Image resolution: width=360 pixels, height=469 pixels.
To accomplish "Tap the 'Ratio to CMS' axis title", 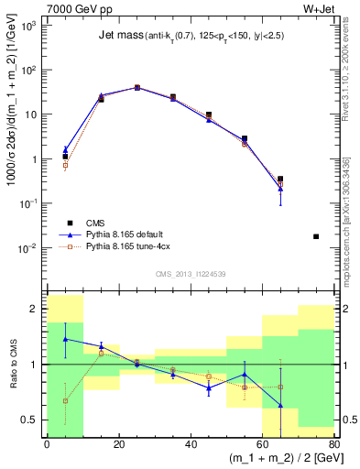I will point(12,364).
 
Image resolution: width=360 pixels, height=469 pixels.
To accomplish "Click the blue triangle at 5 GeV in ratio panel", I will point(65,339).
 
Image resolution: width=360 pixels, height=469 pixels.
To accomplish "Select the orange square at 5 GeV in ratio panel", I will point(65,400).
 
